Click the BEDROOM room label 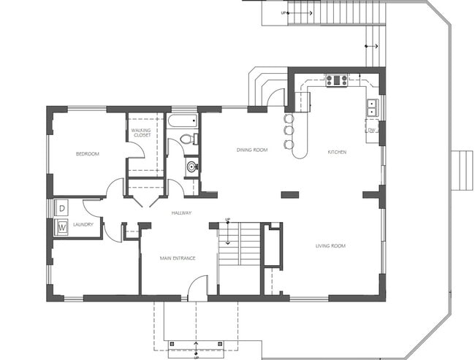[x=88, y=154]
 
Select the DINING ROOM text [x=251, y=150]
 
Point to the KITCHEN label [x=337, y=152]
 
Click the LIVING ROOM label [x=330, y=246]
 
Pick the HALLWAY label [x=181, y=213]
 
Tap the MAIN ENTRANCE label [x=178, y=258]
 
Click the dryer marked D [x=62, y=208]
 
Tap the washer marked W [x=62, y=227]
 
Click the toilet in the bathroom [x=186, y=138]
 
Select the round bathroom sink [x=191, y=166]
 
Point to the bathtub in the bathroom [x=182, y=120]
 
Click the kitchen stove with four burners [x=336, y=80]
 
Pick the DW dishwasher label [x=371, y=131]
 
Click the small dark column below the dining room [x=290, y=195]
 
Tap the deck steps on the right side [x=462, y=170]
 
